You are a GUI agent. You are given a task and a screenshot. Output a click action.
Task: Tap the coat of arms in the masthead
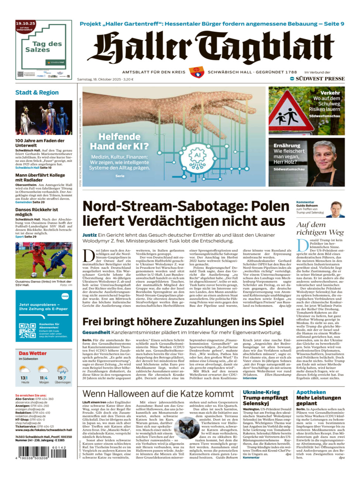point(196,72)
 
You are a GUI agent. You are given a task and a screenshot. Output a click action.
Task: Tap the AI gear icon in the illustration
point(197,157)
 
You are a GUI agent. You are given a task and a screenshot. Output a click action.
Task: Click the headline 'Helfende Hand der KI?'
point(119,141)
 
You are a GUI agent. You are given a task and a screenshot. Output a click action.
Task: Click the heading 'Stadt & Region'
point(37,93)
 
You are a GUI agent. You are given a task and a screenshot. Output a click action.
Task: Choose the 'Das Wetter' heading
point(32,353)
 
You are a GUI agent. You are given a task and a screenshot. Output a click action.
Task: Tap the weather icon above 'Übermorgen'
point(62,369)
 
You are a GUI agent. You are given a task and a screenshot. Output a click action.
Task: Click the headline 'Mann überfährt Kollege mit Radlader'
point(40,178)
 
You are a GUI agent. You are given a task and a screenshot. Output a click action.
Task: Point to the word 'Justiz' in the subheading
point(89,235)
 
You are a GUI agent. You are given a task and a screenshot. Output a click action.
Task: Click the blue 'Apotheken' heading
point(311,392)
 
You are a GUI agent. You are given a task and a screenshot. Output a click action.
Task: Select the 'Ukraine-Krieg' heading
point(261,392)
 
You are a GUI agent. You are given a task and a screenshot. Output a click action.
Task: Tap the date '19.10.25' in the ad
point(25,24)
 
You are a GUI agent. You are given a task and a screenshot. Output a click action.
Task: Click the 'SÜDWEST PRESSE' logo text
point(320,79)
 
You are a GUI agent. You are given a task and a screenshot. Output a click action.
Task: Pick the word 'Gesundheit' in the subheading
point(96,332)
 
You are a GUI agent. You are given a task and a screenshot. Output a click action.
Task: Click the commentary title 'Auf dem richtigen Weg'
point(320,229)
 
